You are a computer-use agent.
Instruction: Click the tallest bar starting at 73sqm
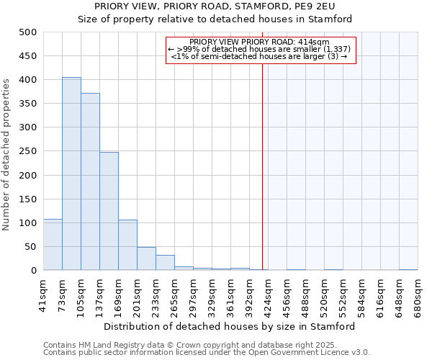(x=71, y=174)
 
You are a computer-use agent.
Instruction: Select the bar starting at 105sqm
(x=90, y=182)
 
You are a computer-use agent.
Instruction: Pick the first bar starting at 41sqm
(x=53, y=245)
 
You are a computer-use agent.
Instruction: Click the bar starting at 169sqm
(x=127, y=245)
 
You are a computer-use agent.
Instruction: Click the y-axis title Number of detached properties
(x=6, y=151)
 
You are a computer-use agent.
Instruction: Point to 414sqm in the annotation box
(x=315, y=42)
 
